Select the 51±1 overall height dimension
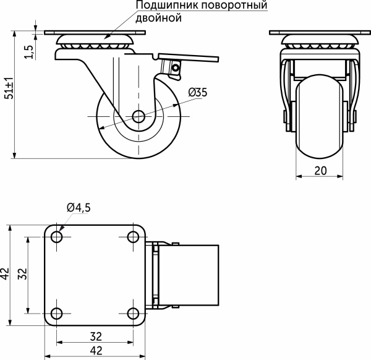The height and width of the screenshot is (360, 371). tap(8, 88)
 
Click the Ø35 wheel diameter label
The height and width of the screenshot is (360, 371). tap(197, 92)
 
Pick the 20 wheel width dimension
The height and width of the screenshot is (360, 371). tap(320, 171)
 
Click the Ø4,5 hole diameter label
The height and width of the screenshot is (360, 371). tap(79, 208)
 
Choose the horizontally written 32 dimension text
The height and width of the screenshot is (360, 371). tap(95, 337)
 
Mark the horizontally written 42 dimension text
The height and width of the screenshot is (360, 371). tap(95, 351)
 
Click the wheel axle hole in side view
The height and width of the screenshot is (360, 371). tap(138, 116)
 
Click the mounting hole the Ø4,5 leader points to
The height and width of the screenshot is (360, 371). tap(58, 236)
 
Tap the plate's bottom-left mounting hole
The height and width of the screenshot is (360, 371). tap(58, 312)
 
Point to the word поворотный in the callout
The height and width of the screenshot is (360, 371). tap(228, 6)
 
